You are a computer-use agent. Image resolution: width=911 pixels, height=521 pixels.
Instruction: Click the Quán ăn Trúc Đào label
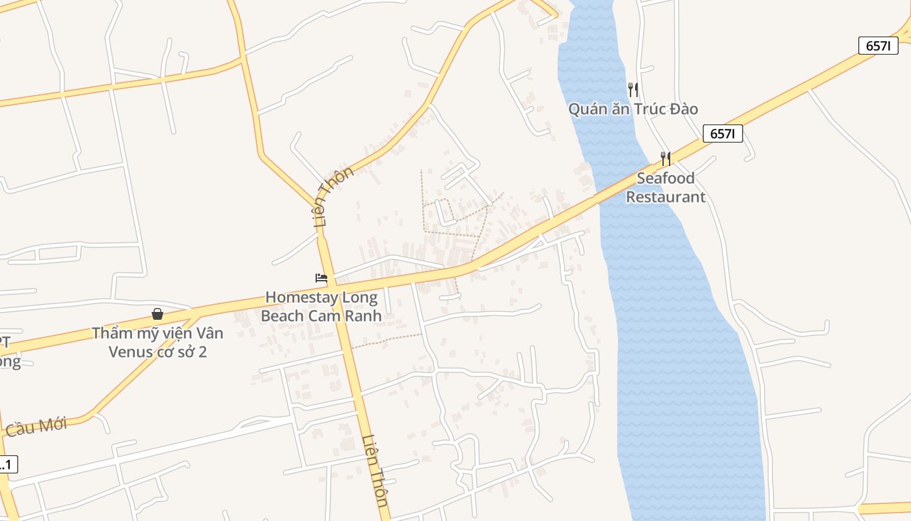(632, 109)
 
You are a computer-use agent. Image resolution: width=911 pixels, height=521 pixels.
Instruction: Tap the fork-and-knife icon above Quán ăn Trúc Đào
(632, 90)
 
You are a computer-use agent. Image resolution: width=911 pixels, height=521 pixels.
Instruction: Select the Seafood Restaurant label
(665, 188)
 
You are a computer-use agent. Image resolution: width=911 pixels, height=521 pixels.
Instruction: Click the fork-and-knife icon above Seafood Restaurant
(665, 158)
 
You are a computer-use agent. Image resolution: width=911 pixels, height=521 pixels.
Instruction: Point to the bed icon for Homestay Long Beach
(321, 278)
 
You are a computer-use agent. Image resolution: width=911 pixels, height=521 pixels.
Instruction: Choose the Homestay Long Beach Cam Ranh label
(321, 307)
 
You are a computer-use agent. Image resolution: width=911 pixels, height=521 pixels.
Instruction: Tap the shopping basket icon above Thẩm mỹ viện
(157, 314)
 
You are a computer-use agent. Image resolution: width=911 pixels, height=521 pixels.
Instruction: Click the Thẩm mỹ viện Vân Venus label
(157, 343)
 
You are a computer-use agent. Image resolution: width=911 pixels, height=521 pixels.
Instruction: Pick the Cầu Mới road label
(36, 427)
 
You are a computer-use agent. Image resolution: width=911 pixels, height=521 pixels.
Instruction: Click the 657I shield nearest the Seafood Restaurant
(722, 134)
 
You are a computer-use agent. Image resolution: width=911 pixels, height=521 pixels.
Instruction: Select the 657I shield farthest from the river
(878, 46)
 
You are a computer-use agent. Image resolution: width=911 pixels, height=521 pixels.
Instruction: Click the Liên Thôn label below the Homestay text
(375, 470)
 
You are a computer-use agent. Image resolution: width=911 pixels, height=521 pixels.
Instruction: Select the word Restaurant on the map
(665, 197)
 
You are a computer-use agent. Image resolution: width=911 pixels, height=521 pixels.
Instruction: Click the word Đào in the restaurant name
(681, 109)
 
